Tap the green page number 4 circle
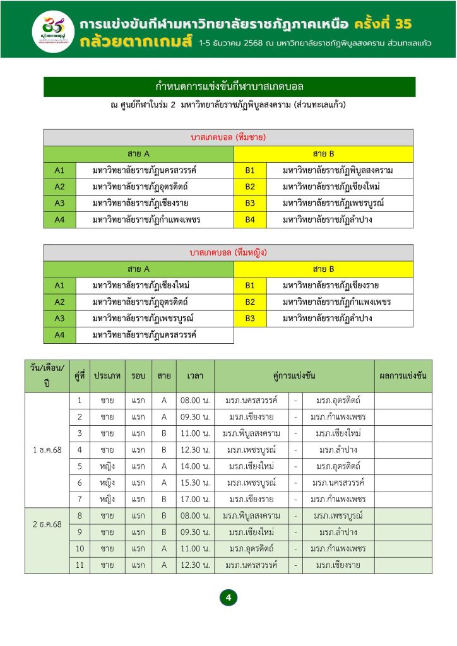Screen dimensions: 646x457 click(228, 597)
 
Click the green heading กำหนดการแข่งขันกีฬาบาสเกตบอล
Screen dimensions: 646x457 click(229, 86)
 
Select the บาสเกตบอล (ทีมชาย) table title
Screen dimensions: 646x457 click(228, 137)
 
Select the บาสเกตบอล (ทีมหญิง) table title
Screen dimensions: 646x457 click(228, 252)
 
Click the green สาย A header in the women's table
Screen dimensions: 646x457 click(138, 269)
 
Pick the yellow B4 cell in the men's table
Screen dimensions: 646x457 click(250, 220)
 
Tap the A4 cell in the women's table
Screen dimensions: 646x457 click(59, 335)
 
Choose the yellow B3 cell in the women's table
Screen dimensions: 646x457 click(250, 319)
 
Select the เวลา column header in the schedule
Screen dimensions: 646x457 click(195, 376)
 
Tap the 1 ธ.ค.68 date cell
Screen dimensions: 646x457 click(47, 450)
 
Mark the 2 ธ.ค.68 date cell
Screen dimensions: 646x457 click(47, 524)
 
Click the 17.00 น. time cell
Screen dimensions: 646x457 click(195, 499)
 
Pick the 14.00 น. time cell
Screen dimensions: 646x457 click(195, 466)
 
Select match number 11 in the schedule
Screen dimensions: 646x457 click(80, 565)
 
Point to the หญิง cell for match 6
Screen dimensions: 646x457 click(107, 483)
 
